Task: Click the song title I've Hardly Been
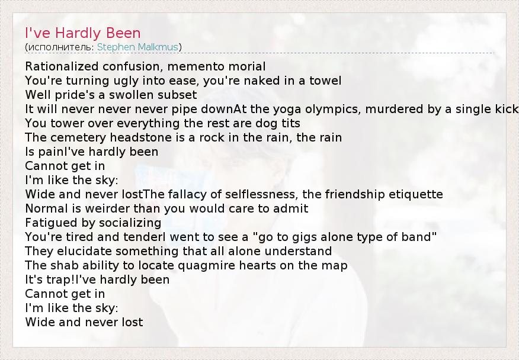click(x=83, y=33)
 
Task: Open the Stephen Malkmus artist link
click(x=137, y=47)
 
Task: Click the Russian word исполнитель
click(x=61, y=47)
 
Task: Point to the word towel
click(x=325, y=81)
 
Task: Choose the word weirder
click(x=123, y=208)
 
